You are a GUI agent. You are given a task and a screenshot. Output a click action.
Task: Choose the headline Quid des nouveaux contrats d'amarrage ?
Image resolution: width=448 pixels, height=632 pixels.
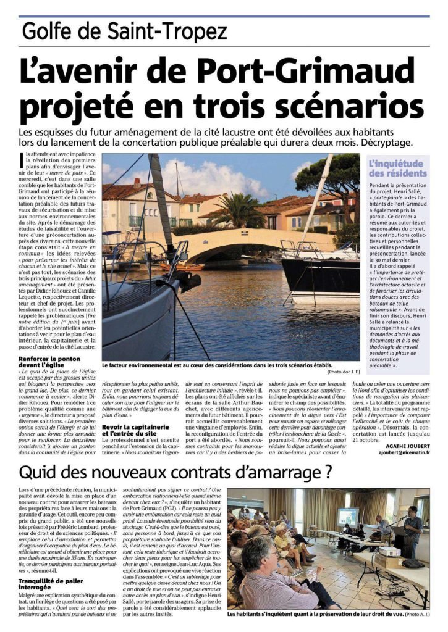tap(174, 472)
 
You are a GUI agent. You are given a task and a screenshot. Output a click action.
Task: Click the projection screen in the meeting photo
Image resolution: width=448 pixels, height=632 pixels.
tap(348, 517)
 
